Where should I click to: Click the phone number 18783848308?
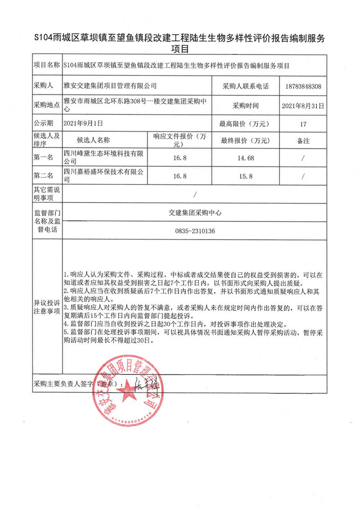coord(303,86)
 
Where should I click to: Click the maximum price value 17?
coord(303,123)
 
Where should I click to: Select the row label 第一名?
coord(44,157)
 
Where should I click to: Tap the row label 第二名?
coord(44,175)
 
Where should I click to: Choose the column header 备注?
coord(303,141)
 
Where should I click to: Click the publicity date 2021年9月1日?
coord(84,123)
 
